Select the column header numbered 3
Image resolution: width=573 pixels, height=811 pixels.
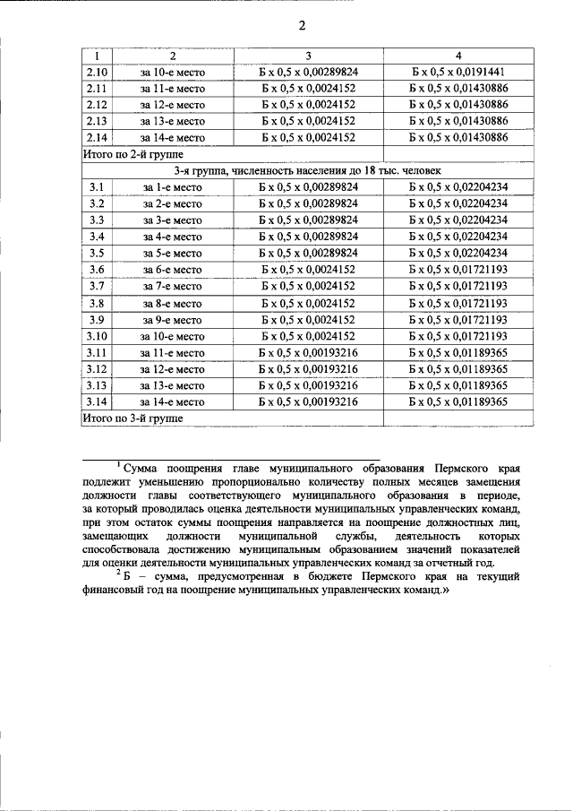pyautogui.click(x=308, y=55)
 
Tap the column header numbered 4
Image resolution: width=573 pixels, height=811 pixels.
pyautogui.click(x=458, y=55)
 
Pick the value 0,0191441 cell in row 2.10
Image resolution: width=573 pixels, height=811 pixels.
pyautogui.click(x=458, y=71)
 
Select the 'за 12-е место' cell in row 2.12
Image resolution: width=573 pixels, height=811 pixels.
pyautogui.click(x=173, y=104)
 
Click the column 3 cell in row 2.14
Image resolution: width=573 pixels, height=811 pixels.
pyautogui.click(x=308, y=137)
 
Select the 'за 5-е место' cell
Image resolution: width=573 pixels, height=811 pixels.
pyautogui.click(x=173, y=254)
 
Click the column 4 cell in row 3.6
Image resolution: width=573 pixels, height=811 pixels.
pyautogui.click(x=458, y=270)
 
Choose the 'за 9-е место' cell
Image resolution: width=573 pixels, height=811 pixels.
pyautogui.click(x=173, y=320)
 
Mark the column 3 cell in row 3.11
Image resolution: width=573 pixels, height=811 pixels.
pyautogui.click(x=308, y=353)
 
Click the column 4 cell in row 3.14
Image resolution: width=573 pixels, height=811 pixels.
pyautogui.click(x=458, y=402)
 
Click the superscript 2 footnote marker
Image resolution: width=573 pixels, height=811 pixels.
pyautogui.click(x=118, y=574)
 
